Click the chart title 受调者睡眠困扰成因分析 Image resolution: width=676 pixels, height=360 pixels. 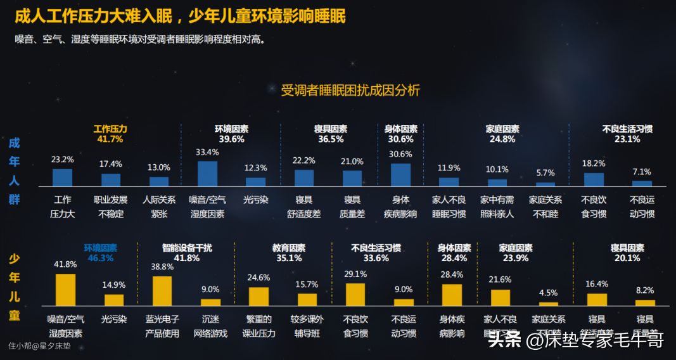click(x=350, y=91)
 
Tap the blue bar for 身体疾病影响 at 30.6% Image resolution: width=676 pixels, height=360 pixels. click(x=400, y=175)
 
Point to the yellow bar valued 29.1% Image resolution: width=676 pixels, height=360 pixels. click(x=355, y=295)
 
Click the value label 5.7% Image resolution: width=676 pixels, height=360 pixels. click(x=545, y=172)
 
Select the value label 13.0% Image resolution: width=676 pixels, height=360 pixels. click(x=158, y=167)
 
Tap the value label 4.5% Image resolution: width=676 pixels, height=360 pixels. click(x=548, y=293)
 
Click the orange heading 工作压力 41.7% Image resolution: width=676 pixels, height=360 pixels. click(x=110, y=134)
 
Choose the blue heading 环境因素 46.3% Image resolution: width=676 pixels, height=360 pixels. click(x=101, y=253)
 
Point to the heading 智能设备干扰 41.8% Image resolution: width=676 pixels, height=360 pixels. click(x=187, y=253)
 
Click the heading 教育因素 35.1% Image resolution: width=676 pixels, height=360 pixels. click(x=289, y=253)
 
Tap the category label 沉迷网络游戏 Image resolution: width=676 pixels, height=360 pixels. click(x=210, y=326)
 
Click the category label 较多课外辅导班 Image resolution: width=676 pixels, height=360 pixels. click(x=307, y=326)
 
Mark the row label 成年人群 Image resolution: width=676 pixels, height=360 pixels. click(x=14, y=171)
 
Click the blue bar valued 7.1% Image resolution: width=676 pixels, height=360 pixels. click(x=642, y=183)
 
